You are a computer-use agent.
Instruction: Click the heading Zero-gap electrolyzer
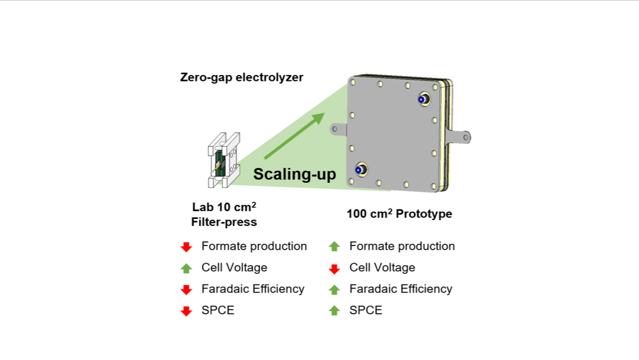click(241, 77)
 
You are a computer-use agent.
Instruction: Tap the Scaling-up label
click(294, 174)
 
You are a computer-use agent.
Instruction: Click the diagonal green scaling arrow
click(293, 136)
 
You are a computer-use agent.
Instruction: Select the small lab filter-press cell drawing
click(224, 159)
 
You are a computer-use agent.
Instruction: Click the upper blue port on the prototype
click(422, 100)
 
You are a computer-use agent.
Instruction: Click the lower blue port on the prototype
click(359, 170)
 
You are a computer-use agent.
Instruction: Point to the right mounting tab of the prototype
click(461, 137)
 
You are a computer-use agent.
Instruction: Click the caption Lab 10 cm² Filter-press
click(224, 215)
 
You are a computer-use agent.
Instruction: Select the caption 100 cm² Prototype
click(399, 214)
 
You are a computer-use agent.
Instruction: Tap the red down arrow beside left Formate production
click(186, 247)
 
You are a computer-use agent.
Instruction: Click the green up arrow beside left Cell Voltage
click(186, 268)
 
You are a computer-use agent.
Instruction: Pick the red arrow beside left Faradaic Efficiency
click(186, 289)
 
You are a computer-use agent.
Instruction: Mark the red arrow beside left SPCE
click(186, 310)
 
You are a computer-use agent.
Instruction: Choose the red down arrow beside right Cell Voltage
click(335, 269)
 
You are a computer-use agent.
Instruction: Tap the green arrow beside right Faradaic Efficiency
click(335, 289)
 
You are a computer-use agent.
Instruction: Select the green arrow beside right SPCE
click(335, 310)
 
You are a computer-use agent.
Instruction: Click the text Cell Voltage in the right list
click(382, 267)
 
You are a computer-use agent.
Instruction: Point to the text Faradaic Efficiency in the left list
click(253, 289)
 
